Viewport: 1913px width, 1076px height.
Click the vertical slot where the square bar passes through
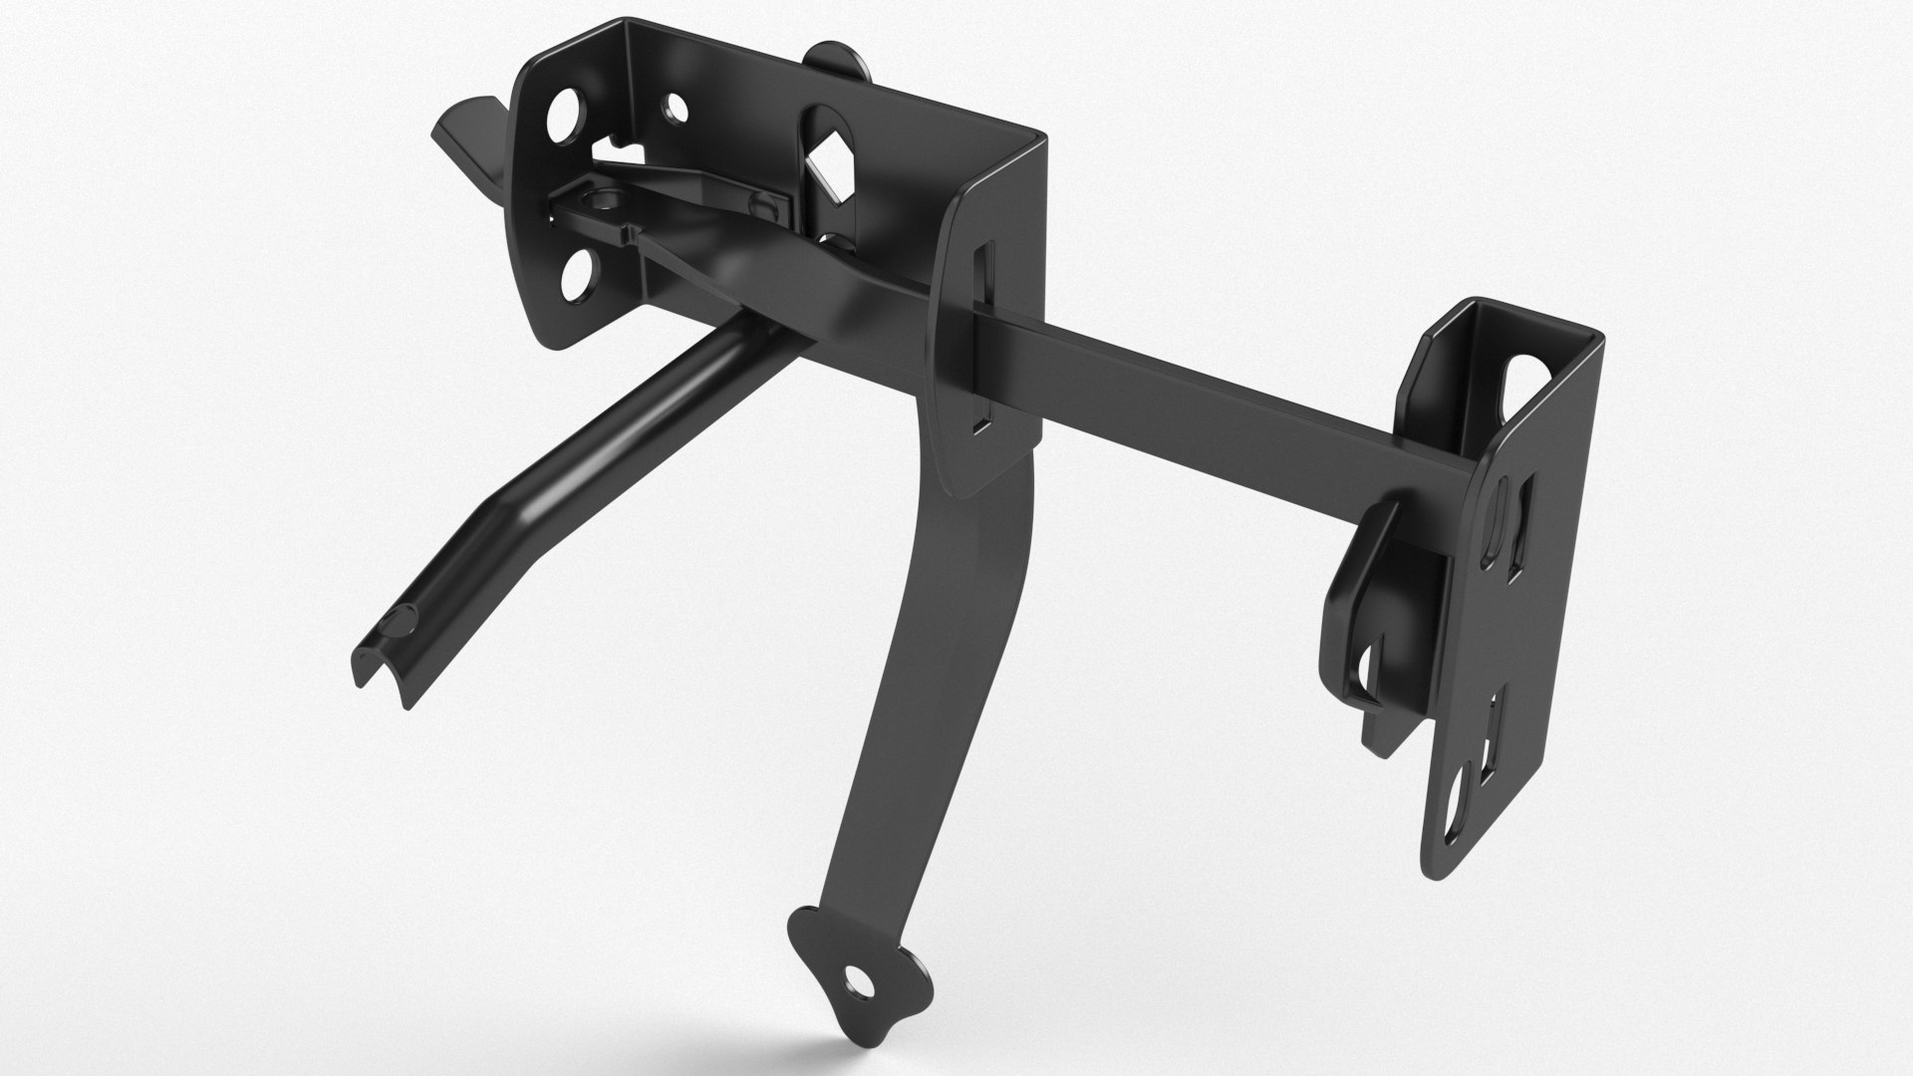coord(980,339)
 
